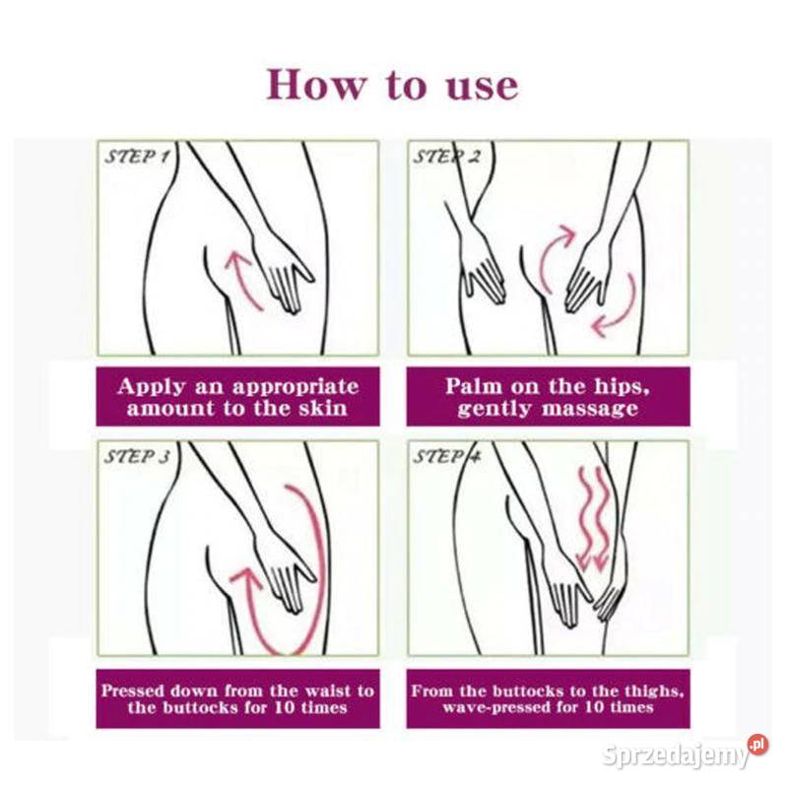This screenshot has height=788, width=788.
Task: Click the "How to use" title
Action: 392,85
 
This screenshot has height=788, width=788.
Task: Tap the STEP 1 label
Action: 137,157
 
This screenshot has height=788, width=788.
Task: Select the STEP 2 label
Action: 447,157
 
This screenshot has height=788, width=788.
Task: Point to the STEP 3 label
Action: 137,456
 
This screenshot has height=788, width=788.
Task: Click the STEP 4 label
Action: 447,456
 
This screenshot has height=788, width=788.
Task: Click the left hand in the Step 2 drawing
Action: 480,266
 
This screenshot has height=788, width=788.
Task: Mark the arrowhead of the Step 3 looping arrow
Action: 246,577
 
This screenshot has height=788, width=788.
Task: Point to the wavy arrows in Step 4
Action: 593,519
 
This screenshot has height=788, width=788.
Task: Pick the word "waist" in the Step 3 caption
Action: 328,690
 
